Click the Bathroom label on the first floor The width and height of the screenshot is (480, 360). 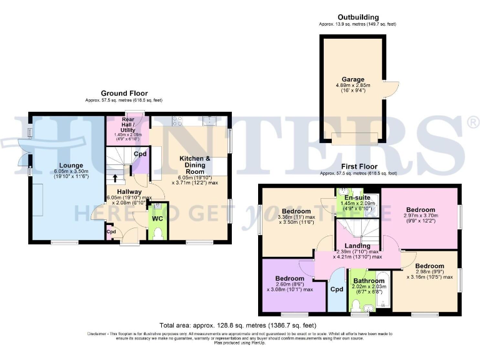click(367, 281)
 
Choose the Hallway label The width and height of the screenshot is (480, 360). click(128, 191)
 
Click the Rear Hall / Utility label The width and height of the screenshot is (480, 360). click(128, 123)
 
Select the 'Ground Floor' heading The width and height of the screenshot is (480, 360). click(124, 93)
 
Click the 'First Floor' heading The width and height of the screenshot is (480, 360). click(358, 167)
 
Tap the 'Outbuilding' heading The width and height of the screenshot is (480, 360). click(358, 17)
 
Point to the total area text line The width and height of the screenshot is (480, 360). click(237, 325)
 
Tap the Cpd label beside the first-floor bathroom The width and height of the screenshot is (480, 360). click(337, 289)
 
